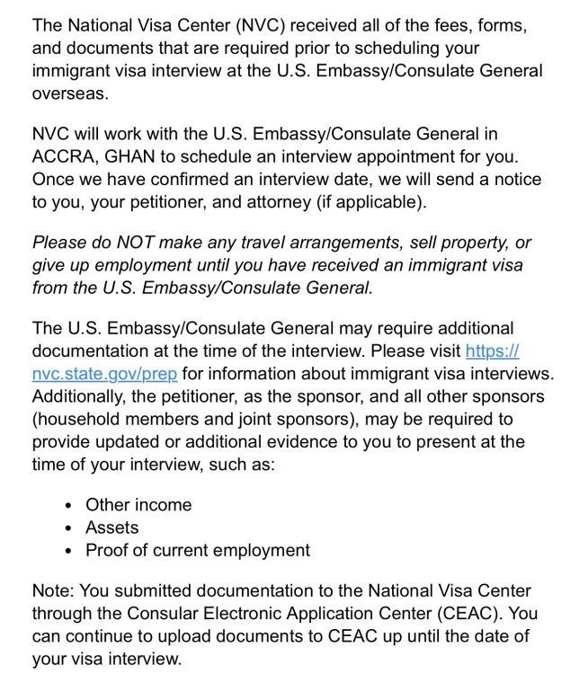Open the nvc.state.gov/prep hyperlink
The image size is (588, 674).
104,373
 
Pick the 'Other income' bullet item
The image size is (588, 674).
138,504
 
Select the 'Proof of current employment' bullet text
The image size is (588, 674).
197,550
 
